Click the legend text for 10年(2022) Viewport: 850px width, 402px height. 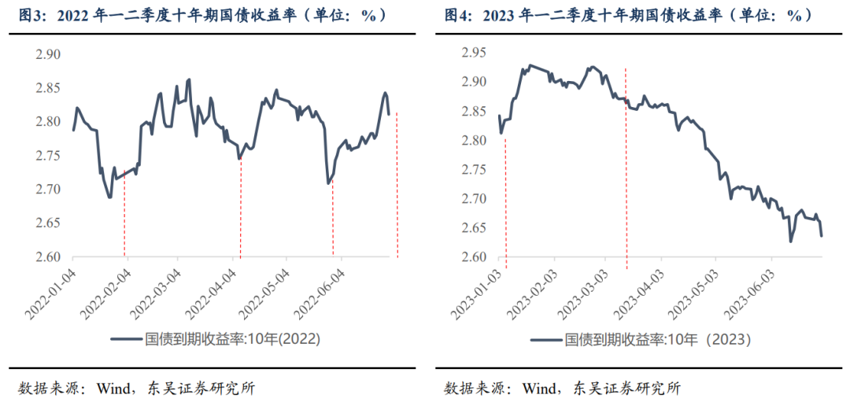point(233,339)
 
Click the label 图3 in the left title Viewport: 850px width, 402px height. point(32,15)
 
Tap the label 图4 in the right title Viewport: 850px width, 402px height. point(457,15)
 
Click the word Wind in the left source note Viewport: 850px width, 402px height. point(112,387)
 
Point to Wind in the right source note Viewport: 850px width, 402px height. point(538,387)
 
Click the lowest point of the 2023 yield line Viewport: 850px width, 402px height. point(790,241)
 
